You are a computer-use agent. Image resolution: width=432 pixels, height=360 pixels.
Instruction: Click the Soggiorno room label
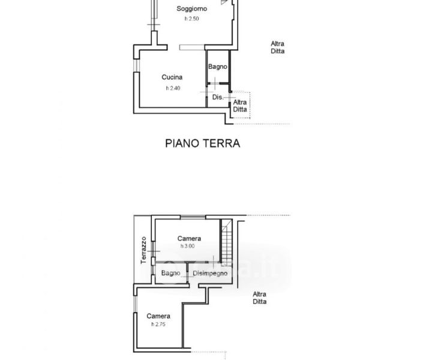click(192, 9)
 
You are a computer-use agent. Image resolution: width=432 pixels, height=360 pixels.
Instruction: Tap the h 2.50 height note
click(192, 19)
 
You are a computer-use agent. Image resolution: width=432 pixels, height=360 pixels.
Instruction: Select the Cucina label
click(172, 77)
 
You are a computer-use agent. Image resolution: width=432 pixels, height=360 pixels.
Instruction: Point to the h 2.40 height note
click(173, 88)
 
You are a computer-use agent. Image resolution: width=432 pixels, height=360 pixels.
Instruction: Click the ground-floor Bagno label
click(218, 67)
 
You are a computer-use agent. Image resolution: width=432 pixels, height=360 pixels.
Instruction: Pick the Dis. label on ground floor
click(218, 97)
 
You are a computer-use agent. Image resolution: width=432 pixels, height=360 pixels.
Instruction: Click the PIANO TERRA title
click(203, 143)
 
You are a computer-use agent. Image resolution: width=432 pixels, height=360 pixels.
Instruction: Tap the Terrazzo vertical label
click(143, 250)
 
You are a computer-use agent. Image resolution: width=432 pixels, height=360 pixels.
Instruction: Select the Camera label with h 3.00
click(189, 239)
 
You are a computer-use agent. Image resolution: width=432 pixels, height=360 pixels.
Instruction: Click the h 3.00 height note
click(188, 246)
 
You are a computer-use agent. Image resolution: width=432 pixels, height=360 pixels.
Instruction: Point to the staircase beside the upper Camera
click(227, 242)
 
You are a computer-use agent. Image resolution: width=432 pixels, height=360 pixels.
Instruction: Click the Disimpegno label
click(210, 274)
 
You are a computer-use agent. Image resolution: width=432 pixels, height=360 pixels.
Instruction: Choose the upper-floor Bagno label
click(171, 273)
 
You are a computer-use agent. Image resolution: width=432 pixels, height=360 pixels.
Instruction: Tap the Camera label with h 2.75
click(158, 316)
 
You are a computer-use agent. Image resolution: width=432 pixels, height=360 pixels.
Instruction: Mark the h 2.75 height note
click(158, 324)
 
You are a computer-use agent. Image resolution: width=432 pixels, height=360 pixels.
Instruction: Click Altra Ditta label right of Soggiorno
click(277, 47)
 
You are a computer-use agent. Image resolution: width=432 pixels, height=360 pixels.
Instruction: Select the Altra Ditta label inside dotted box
click(240, 106)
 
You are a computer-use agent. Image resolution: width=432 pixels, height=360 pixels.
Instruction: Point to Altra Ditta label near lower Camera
click(260, 298)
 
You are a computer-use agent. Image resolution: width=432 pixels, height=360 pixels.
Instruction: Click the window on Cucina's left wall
click(137, 65)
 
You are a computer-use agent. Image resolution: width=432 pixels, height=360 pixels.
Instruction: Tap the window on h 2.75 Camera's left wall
click(135, 304)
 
